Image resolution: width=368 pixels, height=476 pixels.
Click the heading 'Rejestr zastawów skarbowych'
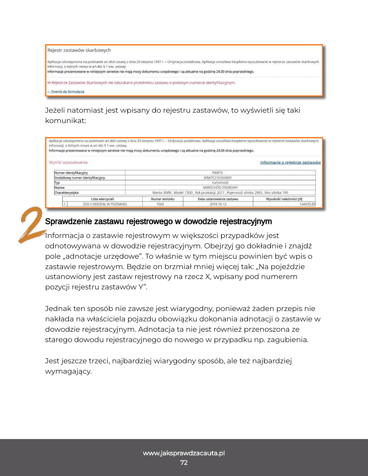[79, 50]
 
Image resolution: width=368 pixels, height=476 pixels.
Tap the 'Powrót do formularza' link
[66, 92]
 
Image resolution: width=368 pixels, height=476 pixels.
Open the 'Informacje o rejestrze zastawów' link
[290, 162]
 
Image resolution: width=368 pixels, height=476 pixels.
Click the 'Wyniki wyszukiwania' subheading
[68, 162]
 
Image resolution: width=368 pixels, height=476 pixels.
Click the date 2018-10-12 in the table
[218, 204]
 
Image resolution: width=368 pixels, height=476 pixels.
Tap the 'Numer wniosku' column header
[162, 199]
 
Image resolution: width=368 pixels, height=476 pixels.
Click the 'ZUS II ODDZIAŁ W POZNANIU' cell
[105, 204]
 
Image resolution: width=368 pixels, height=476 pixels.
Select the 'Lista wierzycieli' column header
[102, 199]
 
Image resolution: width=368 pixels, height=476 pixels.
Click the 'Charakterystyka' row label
[66, 192]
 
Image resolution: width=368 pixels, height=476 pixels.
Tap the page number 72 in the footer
[184, 463]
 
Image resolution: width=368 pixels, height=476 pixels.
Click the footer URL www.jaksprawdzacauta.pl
[184, 453]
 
